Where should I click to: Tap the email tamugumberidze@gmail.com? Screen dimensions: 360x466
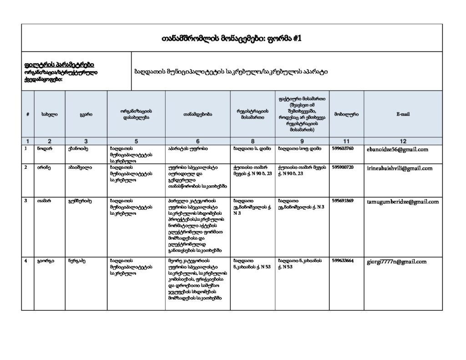coord(403,202)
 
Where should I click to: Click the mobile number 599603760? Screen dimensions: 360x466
coord(343,148)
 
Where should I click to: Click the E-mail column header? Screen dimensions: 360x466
coord(403,114)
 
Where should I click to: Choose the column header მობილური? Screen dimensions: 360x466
coord(346,114)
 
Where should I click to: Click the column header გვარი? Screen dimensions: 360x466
coord(86,114)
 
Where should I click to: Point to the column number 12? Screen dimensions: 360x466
coord(403,141)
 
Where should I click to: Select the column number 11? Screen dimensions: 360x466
coord(346,141)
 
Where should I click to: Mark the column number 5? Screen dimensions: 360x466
coord(136,141)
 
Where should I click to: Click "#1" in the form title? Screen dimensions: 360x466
coord(295,39)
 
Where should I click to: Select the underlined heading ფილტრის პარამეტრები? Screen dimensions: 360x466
coord(59,65)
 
